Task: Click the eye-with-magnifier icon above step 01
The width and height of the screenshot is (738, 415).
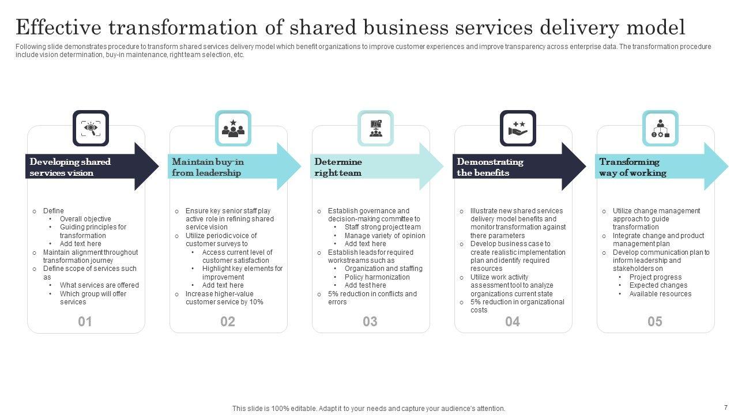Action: pos(91,128)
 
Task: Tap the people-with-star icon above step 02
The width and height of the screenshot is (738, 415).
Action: pos(233,128)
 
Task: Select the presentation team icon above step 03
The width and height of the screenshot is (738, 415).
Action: pos(375,128)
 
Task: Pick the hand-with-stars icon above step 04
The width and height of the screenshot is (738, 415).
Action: pos(518,128)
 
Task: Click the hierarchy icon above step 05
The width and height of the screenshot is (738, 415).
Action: pos(660,128)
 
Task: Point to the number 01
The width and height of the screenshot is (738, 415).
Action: pos(85,322)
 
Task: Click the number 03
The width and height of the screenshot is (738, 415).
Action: pos(370,322)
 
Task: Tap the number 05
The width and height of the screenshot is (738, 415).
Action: pos(655,322)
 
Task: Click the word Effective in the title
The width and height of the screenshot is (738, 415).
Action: pos(58,27)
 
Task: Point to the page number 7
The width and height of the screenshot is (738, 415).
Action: pos(726,407)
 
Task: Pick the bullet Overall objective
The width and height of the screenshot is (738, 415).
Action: pos(85,219)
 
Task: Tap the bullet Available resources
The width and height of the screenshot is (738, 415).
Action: pos(660,294)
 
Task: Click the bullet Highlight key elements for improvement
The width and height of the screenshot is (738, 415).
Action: pos(242,273)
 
